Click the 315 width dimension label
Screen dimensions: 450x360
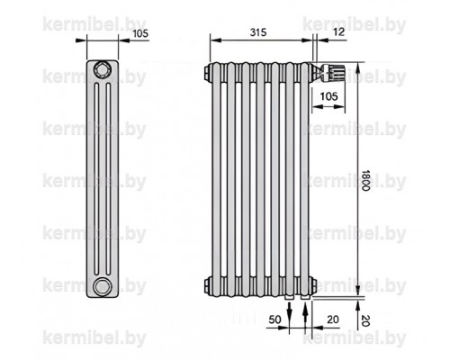click(x=258, y=32)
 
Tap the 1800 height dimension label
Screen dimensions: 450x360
click(x=365, y=180)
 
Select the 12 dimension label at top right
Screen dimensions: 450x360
click(x=339, y=31)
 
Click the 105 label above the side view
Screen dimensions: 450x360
click(x=140, y=33)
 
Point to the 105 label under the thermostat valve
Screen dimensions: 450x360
click(x=329, y=96)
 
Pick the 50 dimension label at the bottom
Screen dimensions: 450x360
click(x=274, y=319)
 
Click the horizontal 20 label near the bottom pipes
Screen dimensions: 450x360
click(x=333, y=319)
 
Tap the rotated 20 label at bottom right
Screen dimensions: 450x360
click(x=365, y=320)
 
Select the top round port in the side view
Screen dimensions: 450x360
click(x=102, y=70)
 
